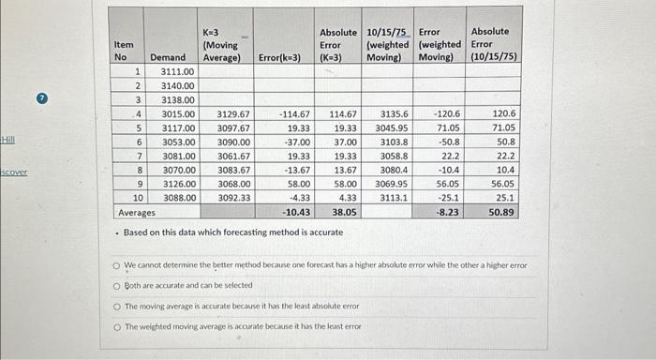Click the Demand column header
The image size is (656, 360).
coord(168,57)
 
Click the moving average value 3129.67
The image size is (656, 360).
coord(232,113)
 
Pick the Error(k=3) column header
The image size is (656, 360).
coord(279,57)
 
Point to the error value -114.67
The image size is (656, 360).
coord(294,113)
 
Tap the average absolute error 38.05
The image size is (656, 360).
coord(341,213)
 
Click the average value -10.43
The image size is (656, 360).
coord(295,213)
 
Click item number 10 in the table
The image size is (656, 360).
coord(137,198)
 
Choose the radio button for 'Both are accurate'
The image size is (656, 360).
coord(118,285)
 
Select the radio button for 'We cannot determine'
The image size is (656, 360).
coord(118,265)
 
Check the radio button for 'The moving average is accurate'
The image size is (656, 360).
coord(118,306)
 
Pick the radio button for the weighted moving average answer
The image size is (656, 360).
coord(118,325)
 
